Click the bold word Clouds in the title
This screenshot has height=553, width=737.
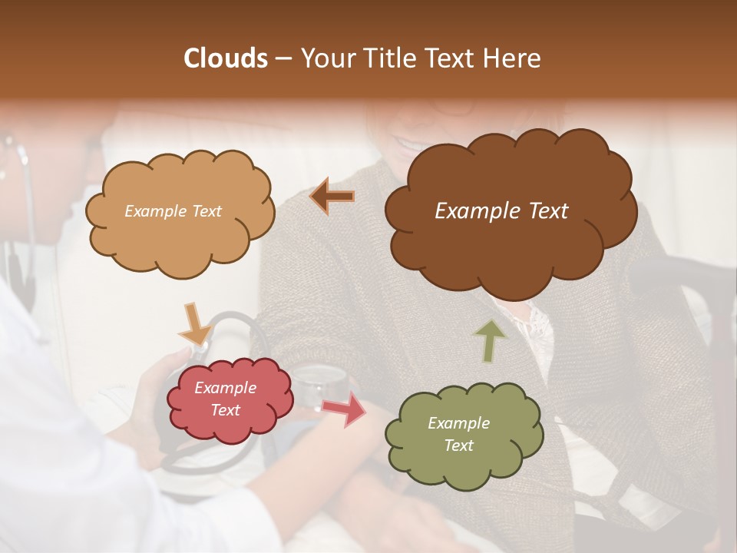(x=226, y=58)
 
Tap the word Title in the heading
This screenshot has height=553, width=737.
(x=385, y=58)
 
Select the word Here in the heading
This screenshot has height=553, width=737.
(x=513, y=58)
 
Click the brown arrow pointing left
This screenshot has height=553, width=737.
(x=332, y=197)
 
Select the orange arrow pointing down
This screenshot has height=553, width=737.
(x=195, y=324)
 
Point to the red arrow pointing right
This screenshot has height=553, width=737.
(x=344, y=409)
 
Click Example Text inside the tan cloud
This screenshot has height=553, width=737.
(x=173, y=211)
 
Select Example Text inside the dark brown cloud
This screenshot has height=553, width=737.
(x=501, y=211)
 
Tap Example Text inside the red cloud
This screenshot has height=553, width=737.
(x=226, y=399)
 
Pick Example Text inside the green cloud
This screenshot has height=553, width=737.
(x=458, y=435)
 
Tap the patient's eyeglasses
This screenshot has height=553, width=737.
(x=453, y=108)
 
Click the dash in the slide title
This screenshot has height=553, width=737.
(x=283, y=58)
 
